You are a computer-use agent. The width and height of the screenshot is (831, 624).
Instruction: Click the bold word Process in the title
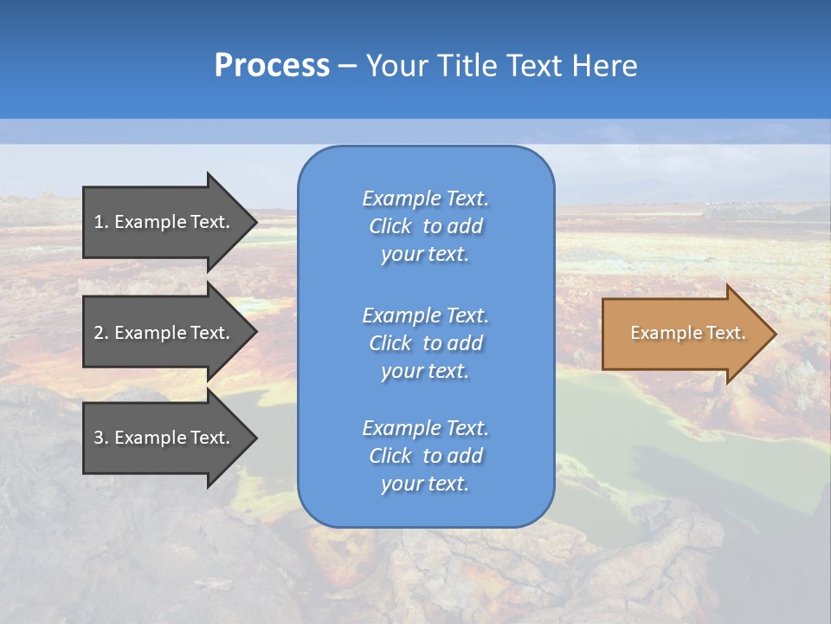272,66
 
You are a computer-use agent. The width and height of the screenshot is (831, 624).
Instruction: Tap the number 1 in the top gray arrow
99,222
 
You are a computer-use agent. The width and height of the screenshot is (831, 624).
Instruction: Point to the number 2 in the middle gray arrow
99,333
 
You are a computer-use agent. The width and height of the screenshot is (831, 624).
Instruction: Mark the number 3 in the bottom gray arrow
99,438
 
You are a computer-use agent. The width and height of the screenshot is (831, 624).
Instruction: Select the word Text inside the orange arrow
725,333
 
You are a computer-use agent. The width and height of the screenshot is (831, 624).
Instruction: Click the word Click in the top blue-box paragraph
390,226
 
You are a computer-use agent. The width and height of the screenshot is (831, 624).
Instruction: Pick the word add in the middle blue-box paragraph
466,343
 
